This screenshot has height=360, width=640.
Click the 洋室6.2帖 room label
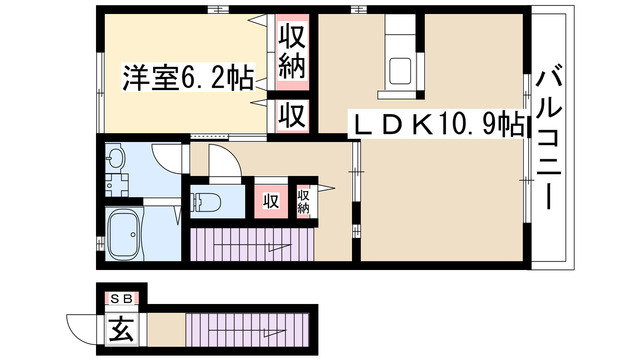(187, 76)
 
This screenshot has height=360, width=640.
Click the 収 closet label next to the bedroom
(291, 114)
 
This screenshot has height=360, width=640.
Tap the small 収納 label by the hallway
(303, 200)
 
